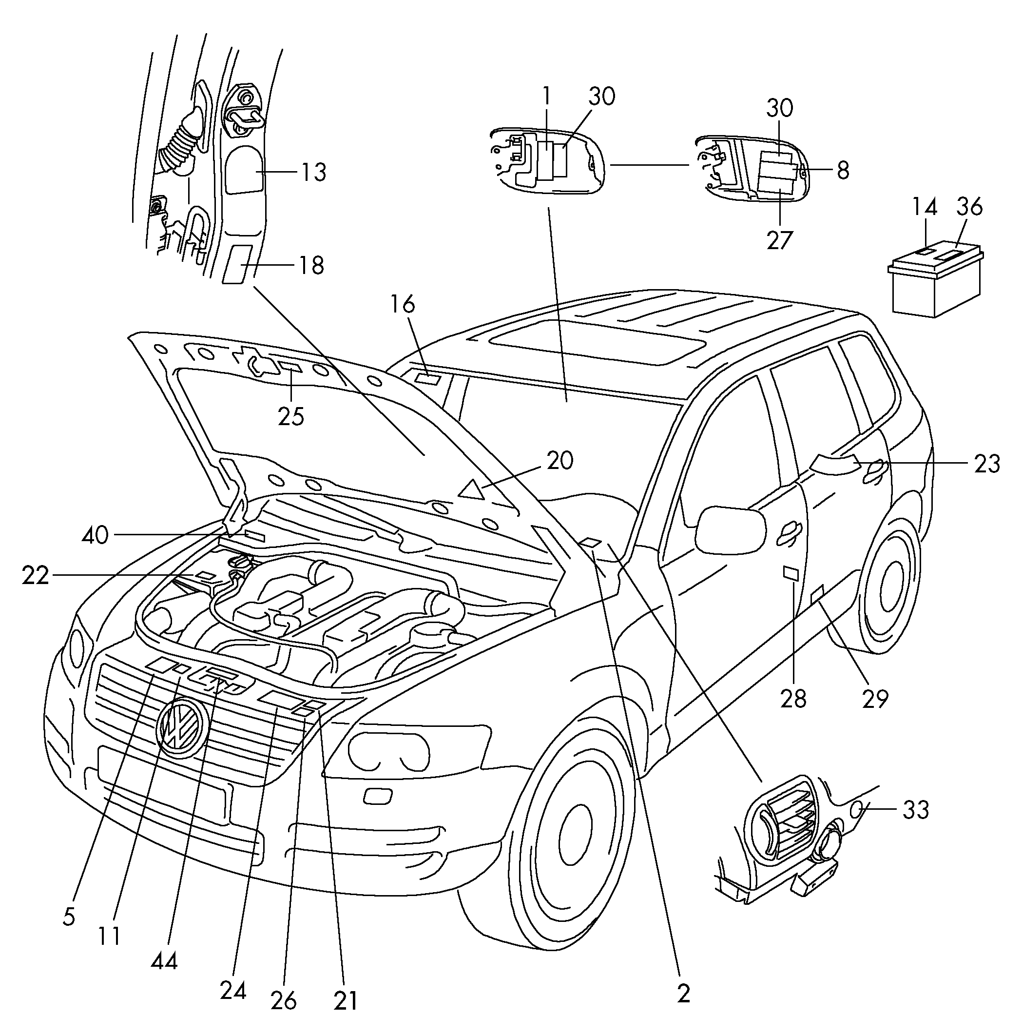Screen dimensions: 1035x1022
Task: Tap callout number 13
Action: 313,173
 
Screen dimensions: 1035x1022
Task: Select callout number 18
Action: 311,265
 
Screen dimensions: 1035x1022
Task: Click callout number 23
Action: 986,464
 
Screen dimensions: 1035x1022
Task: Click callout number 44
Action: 164,961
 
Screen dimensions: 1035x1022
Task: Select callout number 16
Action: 402,304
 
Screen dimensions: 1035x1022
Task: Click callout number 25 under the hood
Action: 291,416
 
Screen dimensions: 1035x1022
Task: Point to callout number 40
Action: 96,535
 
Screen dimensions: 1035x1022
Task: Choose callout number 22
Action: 36,576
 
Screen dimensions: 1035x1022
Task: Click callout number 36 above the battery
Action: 969,207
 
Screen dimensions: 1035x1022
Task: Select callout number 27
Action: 779,240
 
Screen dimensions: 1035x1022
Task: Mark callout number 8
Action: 843,171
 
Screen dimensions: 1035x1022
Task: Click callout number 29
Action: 875,699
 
